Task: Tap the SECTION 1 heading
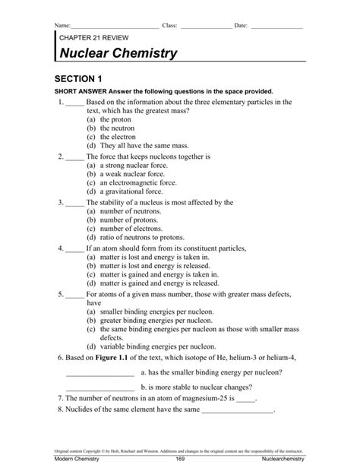tap(78, 78)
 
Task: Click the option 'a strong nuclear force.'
tap(126, 165)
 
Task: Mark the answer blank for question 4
tap(74, 248)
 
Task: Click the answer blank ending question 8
tap(236, 410)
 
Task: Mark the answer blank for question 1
tap(74, 101)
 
